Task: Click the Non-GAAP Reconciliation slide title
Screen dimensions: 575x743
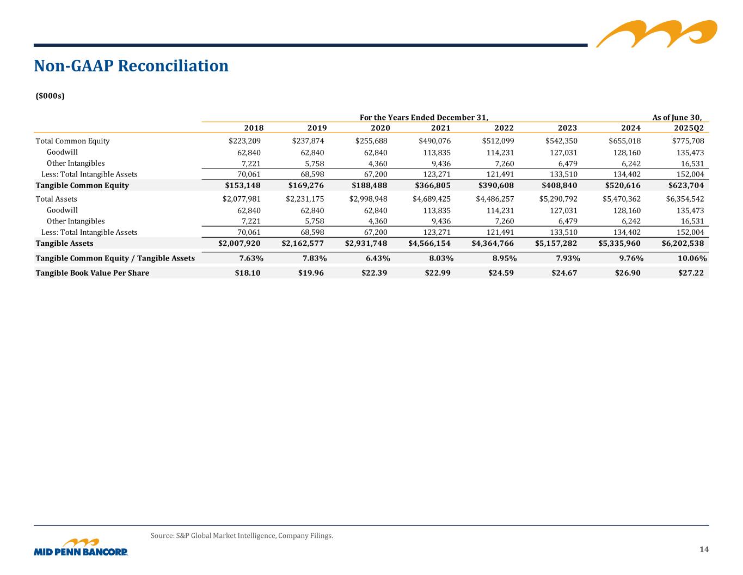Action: tap(131, 66)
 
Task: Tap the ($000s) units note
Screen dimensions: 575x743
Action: tap(50, 96)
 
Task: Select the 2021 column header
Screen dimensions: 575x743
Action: tap(440, 128)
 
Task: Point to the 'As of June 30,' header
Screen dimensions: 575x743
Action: tap(677, 117)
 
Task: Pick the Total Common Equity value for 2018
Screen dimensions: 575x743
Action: tap(244, 141)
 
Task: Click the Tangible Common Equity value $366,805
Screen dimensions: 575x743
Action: tap(432, 185)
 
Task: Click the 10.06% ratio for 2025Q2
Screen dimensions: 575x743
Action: tap(693, 258)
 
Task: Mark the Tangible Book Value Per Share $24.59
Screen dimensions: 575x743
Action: tap(501, 273)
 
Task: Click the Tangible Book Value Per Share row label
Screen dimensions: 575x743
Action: tap(92, 273)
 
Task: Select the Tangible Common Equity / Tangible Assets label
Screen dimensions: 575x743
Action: tap(115, 258)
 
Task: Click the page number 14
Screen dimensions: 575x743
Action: tap(704, 549)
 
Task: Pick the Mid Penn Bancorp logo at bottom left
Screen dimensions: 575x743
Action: tap(81, 548)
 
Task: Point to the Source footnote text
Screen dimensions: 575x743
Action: tap(242, 536)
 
